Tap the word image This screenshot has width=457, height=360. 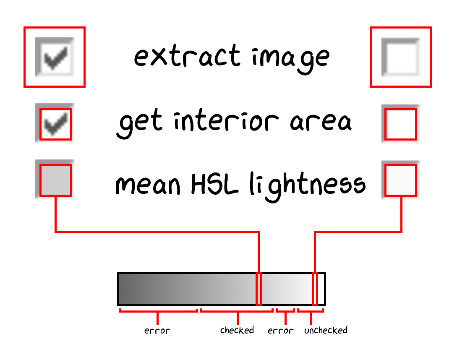pyautogui.click(x=291, y=58)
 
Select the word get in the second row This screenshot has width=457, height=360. pyautogui.click(x=139, y=123)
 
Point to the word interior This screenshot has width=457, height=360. pyautogui.click(x=226, y=121)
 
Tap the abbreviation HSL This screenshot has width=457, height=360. pyautogui.click(x=214, y=184)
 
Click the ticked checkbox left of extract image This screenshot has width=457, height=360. pyautogui.click(x=54, y=57)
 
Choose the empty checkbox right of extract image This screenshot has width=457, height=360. pyautogui.click(x=400, y=57)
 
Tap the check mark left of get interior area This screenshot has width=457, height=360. pyautogui.click(x=56, y=124)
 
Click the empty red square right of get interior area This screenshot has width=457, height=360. pyautogui.click(x=400, y=124)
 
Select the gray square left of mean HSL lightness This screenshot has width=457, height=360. pyautogui.click(x=56, y=180)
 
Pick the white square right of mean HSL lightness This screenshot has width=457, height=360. pyautogui.click(x=400, y=180)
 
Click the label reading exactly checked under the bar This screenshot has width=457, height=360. pyautogui.click(x=237, y=330)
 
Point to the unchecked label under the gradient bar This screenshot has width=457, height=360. pyautogui.click(x=326, y=330)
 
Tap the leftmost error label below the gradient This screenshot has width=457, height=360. pyautogui.click(x=157, y=331)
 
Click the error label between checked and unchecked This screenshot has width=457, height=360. pyautogui.click(x=280, y=331)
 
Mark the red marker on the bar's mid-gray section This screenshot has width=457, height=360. pyautogui.click(x=259, y=289)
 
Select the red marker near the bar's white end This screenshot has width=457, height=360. pyautogui.click(x=315, y=289)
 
